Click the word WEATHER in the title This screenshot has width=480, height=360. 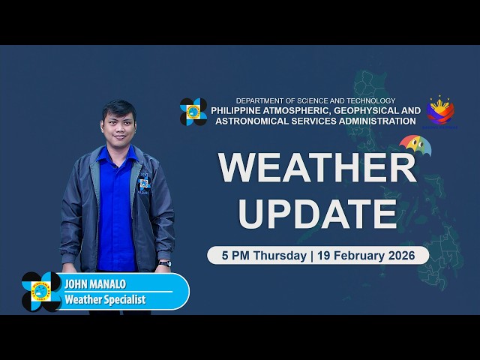[x=317, y=167]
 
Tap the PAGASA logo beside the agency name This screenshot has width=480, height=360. [x=193, y=112]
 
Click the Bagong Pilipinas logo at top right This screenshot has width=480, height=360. [x=440, y=111]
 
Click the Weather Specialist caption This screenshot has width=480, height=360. [x=104, y=300]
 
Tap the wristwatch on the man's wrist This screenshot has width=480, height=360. [x=164, y=263]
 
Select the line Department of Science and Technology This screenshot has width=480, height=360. [x=315, y=100]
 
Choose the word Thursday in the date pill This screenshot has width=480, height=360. [x=280, y=255]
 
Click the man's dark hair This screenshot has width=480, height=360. [x=118, y=106]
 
